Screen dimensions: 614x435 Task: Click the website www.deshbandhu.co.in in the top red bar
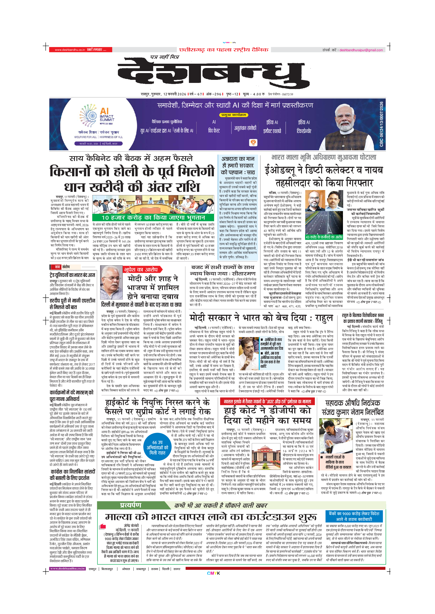70,50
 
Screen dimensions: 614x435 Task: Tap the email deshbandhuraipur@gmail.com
361,50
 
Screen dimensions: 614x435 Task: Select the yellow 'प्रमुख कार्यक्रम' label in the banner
234,115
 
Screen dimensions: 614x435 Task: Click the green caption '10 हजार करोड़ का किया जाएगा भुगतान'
153,218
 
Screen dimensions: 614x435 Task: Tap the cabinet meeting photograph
153,204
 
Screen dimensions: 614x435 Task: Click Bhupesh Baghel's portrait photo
111,282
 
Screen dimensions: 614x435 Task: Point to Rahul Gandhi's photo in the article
249,353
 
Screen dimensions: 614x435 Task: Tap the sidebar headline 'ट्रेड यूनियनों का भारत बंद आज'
72,275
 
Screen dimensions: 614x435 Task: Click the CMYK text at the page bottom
213,573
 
